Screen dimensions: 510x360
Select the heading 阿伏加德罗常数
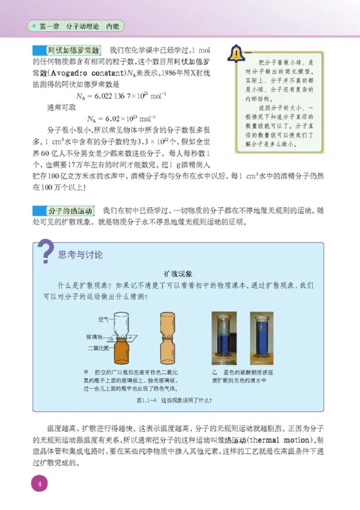click(74, 50)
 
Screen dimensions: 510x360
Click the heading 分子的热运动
click(70, 210)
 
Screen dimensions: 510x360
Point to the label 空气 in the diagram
click(103, 319)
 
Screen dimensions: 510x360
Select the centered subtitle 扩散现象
click(178, 273)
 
